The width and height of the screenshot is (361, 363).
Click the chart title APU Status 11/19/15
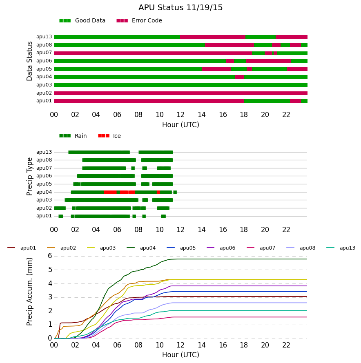180,8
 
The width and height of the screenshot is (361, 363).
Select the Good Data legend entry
82,21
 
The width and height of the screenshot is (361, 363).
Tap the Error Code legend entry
139,21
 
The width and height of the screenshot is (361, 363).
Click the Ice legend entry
109,136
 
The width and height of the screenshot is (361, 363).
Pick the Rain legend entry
73,136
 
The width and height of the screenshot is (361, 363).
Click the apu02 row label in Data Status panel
44,93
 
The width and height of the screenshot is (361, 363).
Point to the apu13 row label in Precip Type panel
44,152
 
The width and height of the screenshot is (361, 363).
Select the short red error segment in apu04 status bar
239,77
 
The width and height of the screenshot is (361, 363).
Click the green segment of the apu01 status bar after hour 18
267,101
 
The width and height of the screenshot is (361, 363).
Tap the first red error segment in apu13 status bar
213,37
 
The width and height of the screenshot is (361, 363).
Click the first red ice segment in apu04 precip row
110,192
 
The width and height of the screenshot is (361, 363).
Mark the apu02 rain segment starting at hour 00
60,208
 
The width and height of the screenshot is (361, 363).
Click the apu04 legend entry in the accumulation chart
141,248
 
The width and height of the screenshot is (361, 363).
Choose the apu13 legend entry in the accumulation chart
341,248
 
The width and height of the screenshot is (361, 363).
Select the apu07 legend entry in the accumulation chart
261,248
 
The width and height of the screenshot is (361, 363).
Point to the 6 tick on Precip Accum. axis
50,256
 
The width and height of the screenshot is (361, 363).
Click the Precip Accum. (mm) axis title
29,292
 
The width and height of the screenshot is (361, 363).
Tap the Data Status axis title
29,61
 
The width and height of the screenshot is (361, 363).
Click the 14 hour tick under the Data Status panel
202,115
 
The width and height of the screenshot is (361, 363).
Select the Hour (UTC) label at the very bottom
180,355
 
